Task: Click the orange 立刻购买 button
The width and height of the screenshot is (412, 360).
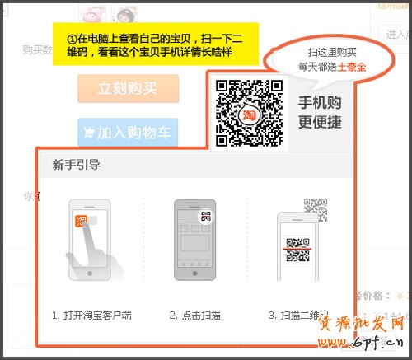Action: click(128, 88)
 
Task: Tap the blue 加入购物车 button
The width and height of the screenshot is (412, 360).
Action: click(128, 132)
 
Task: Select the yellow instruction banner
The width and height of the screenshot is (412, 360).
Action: click(155, 44)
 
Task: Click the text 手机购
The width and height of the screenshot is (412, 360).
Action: click(319, 103)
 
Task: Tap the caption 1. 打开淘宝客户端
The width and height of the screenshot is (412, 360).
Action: click(91, 315)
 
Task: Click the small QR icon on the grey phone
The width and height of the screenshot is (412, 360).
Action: click(206, 218)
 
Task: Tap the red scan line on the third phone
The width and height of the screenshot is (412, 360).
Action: click(297, 245)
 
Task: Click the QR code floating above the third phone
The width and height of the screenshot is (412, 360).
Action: click(315, 206)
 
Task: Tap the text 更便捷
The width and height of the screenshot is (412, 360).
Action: click(319, 122)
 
